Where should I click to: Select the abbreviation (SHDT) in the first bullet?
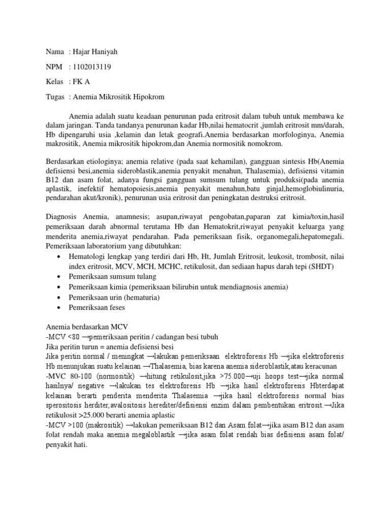[x=319, y=267]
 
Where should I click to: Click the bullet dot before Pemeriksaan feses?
[x=60, y=308]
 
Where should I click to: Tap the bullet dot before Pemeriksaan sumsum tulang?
[x=60, y=277]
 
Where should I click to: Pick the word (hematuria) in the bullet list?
[x=140, y=297]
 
